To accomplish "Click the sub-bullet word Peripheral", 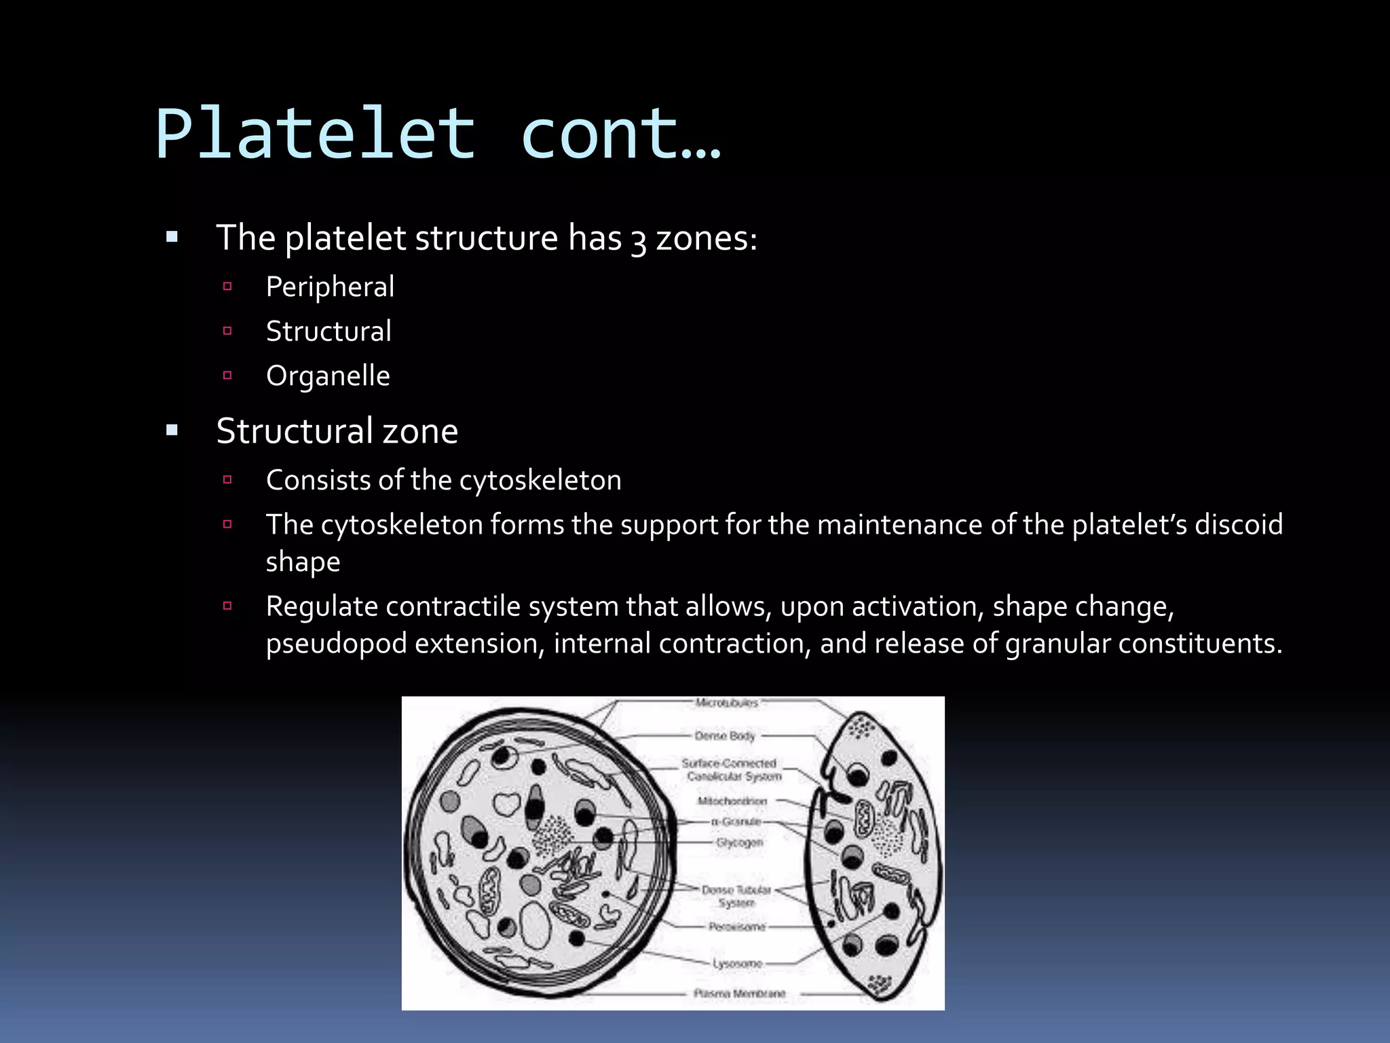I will [x=330, y=287].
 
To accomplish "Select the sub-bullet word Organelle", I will [x=328, y=376].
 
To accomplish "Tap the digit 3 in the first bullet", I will [x=638, y=241].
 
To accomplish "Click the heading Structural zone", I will [x=337, y=431].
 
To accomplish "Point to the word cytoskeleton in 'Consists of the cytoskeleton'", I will [x=540, y=481].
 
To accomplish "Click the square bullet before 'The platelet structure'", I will [x=172, y=238].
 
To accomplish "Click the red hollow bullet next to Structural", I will [x=227, y=331].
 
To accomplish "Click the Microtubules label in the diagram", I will [x=726, y=703].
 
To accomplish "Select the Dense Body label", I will [x=724, y=735].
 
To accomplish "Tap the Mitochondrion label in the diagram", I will [x=732, y=801].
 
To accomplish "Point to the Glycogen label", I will [x=739, y=842].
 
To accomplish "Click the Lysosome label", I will [x=737, y=964].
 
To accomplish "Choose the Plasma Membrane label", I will [x=739, y=993].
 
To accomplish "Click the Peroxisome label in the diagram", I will [x=736, y=926].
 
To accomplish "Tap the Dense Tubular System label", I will [x=736, y=896].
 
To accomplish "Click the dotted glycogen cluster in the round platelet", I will [x=551, y=835].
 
